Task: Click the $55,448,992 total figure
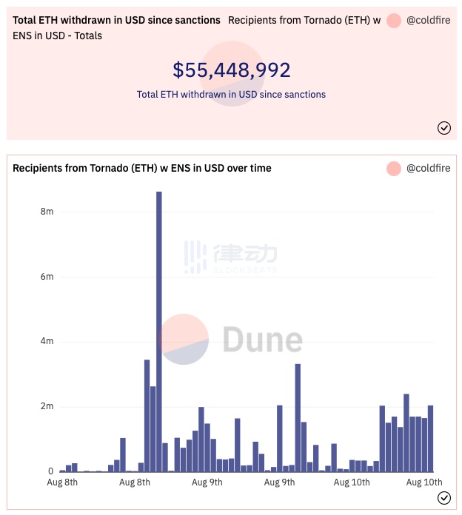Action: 231,70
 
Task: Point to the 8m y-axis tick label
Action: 47,212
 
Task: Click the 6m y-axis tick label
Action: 47,277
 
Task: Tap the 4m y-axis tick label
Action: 47,341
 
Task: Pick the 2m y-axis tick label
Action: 47,406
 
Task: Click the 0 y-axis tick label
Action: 50,471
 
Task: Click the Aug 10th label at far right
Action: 423,482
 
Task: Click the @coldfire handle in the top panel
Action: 428,21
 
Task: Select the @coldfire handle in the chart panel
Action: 428,168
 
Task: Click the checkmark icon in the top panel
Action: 444,128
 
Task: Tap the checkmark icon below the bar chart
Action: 444,498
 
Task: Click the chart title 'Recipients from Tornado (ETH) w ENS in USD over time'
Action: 142,168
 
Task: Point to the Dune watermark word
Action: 262,340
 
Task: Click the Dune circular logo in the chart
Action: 184,340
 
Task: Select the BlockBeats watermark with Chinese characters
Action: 231,256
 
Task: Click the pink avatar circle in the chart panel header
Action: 394,168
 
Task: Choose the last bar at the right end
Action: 430,439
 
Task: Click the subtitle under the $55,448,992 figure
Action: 231,95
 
